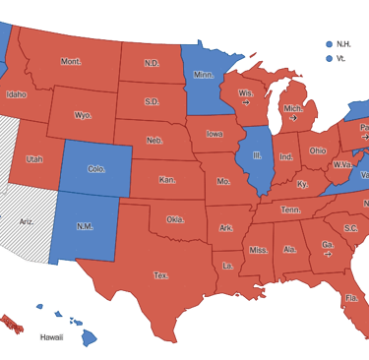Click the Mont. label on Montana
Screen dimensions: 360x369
tap(71, 61)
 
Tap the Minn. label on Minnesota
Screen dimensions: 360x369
tap(204, 75)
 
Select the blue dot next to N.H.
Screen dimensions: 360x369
tap(329, 43)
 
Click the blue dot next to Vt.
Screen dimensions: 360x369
tap(329, 58)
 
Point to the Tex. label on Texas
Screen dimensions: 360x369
tap(160, 275)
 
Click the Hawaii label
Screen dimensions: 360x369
tap(51, 336)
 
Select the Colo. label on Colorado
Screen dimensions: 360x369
tap(96, 168)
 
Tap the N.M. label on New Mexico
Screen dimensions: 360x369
tap(85, 226)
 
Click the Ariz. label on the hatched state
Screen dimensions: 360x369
tap(27, 221)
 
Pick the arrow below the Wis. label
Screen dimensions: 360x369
tap(245, 102)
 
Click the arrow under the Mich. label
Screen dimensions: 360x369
tap(293, 118)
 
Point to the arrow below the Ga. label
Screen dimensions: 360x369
tap(328, 254)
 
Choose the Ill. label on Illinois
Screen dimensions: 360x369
tap(257, 155)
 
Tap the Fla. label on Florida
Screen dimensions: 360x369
tap(351, 297)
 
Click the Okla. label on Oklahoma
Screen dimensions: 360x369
tap(175, 219)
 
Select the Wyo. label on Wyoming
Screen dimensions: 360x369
tap(83, 115)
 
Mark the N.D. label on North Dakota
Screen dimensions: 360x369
tap(152, 63)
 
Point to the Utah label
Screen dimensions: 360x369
tap(34, 158)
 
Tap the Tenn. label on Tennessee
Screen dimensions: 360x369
tap(291, 209)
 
